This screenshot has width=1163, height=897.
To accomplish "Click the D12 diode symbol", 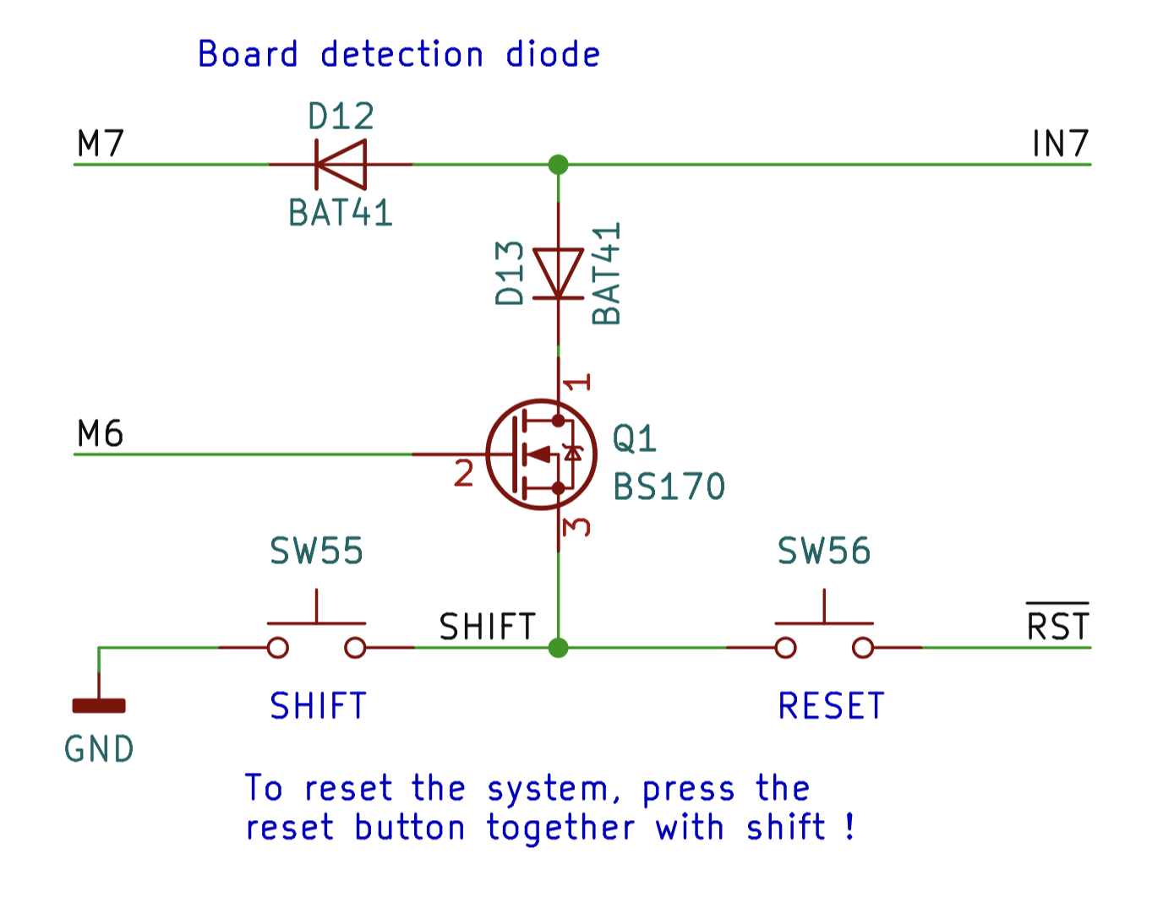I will pyautogui.click(x=341, y=164).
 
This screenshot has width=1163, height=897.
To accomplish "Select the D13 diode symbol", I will pyautogui.click(x=558, y=274).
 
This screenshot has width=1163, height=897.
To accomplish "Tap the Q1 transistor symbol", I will pyautogui.click(x=542, y=454).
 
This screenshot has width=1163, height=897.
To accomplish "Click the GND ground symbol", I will pyautogui.click(x=99, y=705).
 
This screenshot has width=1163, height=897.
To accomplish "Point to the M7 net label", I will pyautogui.click(x=101, y=144).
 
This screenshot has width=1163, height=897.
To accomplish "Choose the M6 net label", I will pyautogui.click(x=101, y=434).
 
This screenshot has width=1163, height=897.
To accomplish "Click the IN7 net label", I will pyautogui.click(x=1060, y=144).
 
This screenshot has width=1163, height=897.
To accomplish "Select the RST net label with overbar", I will pyautogui.click(x=1057, y=626).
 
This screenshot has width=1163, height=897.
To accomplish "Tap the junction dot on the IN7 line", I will pyautogui.click(x=558, y=164).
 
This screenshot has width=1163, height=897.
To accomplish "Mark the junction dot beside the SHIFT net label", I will pyautogui.click(x=558, y=648).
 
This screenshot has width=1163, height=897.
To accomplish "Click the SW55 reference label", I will pyautogui.click(x=317, y=552).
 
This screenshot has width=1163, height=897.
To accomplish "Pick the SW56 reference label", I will pyautogui.click(x=824, y=552).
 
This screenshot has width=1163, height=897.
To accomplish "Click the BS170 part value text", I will pyautogui.click(x=669, y=487).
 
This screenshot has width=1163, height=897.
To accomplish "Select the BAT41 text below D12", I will pyautogui.click(x=341, y=213).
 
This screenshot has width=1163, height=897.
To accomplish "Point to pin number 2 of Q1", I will pyautogui.click(x=463, y=474).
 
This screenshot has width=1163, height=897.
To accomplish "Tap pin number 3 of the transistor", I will pyautogui.click(x=576, y=526).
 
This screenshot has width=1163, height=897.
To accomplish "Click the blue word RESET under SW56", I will pyautogui.click(x=831, y=706).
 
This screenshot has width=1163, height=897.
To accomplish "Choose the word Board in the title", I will pyautogui.click(x=248, y=54).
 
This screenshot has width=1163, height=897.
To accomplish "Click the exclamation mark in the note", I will pyautogui.click(x=849, y=826).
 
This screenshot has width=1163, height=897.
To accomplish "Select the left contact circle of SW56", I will pyautogui.click(x=785, y=648).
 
